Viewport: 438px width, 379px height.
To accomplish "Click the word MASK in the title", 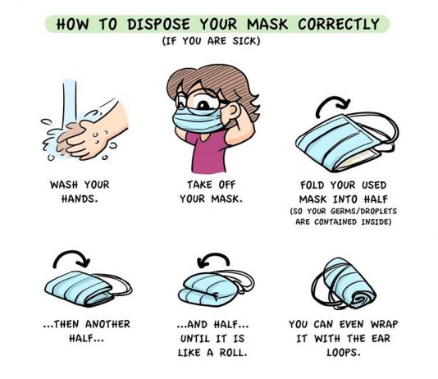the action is click(267, 24).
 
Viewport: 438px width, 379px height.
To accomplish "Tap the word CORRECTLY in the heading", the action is click(339, 24).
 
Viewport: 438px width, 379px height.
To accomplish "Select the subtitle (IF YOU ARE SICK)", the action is click(211, 41).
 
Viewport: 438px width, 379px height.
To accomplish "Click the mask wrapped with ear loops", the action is click(344, 284).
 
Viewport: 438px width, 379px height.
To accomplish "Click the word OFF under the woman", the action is click(227, 185).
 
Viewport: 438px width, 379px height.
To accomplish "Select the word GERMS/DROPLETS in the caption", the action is click(363, 211).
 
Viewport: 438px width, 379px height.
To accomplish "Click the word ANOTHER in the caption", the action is click(107, 324).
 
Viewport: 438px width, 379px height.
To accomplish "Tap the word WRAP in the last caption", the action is click(384, 324).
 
